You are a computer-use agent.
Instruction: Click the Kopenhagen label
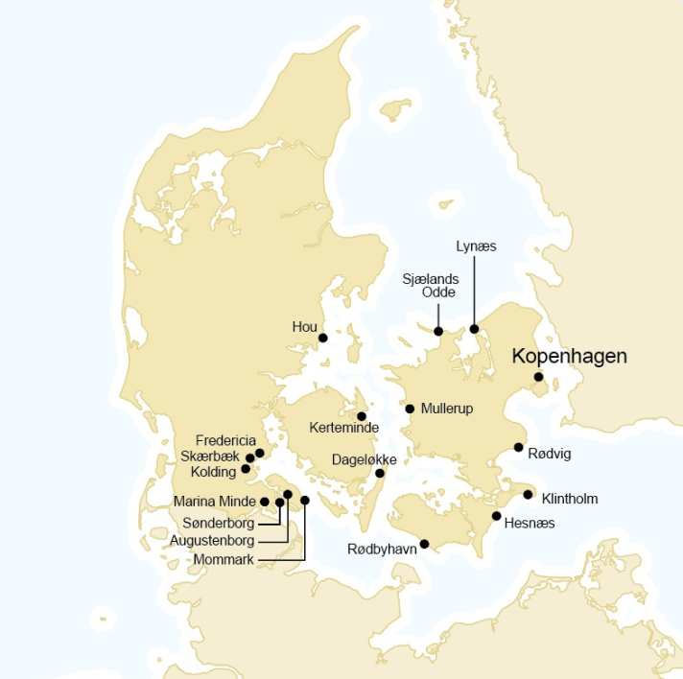click(x=569, y=356)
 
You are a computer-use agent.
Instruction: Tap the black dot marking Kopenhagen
click(x=539, y=377)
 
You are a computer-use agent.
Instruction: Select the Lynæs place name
click(x=476, y=246)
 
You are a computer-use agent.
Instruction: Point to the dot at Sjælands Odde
click(x=438, y=331)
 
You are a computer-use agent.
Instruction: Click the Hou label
click(x=304, y=327)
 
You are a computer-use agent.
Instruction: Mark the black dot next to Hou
click(x=323, y=338)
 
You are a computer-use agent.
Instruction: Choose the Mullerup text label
click(x=447, y=409)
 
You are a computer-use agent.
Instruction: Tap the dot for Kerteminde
click(x=362, y=416)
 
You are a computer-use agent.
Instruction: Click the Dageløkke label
click(x=364, y=459)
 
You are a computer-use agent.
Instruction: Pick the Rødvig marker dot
click(x=519, y=447)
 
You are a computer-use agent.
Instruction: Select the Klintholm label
click(x=570, y=499)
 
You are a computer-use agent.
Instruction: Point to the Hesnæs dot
click(x=496, y=516)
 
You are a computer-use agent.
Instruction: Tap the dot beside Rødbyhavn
click(x=425, y=544)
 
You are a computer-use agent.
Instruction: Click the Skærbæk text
click(x=211, y=456)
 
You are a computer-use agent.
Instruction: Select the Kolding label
click(x=212, y=472)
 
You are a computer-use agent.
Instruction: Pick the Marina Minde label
click(x=214, y=501)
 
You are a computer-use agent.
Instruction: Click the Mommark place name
click(x=224, y=559)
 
